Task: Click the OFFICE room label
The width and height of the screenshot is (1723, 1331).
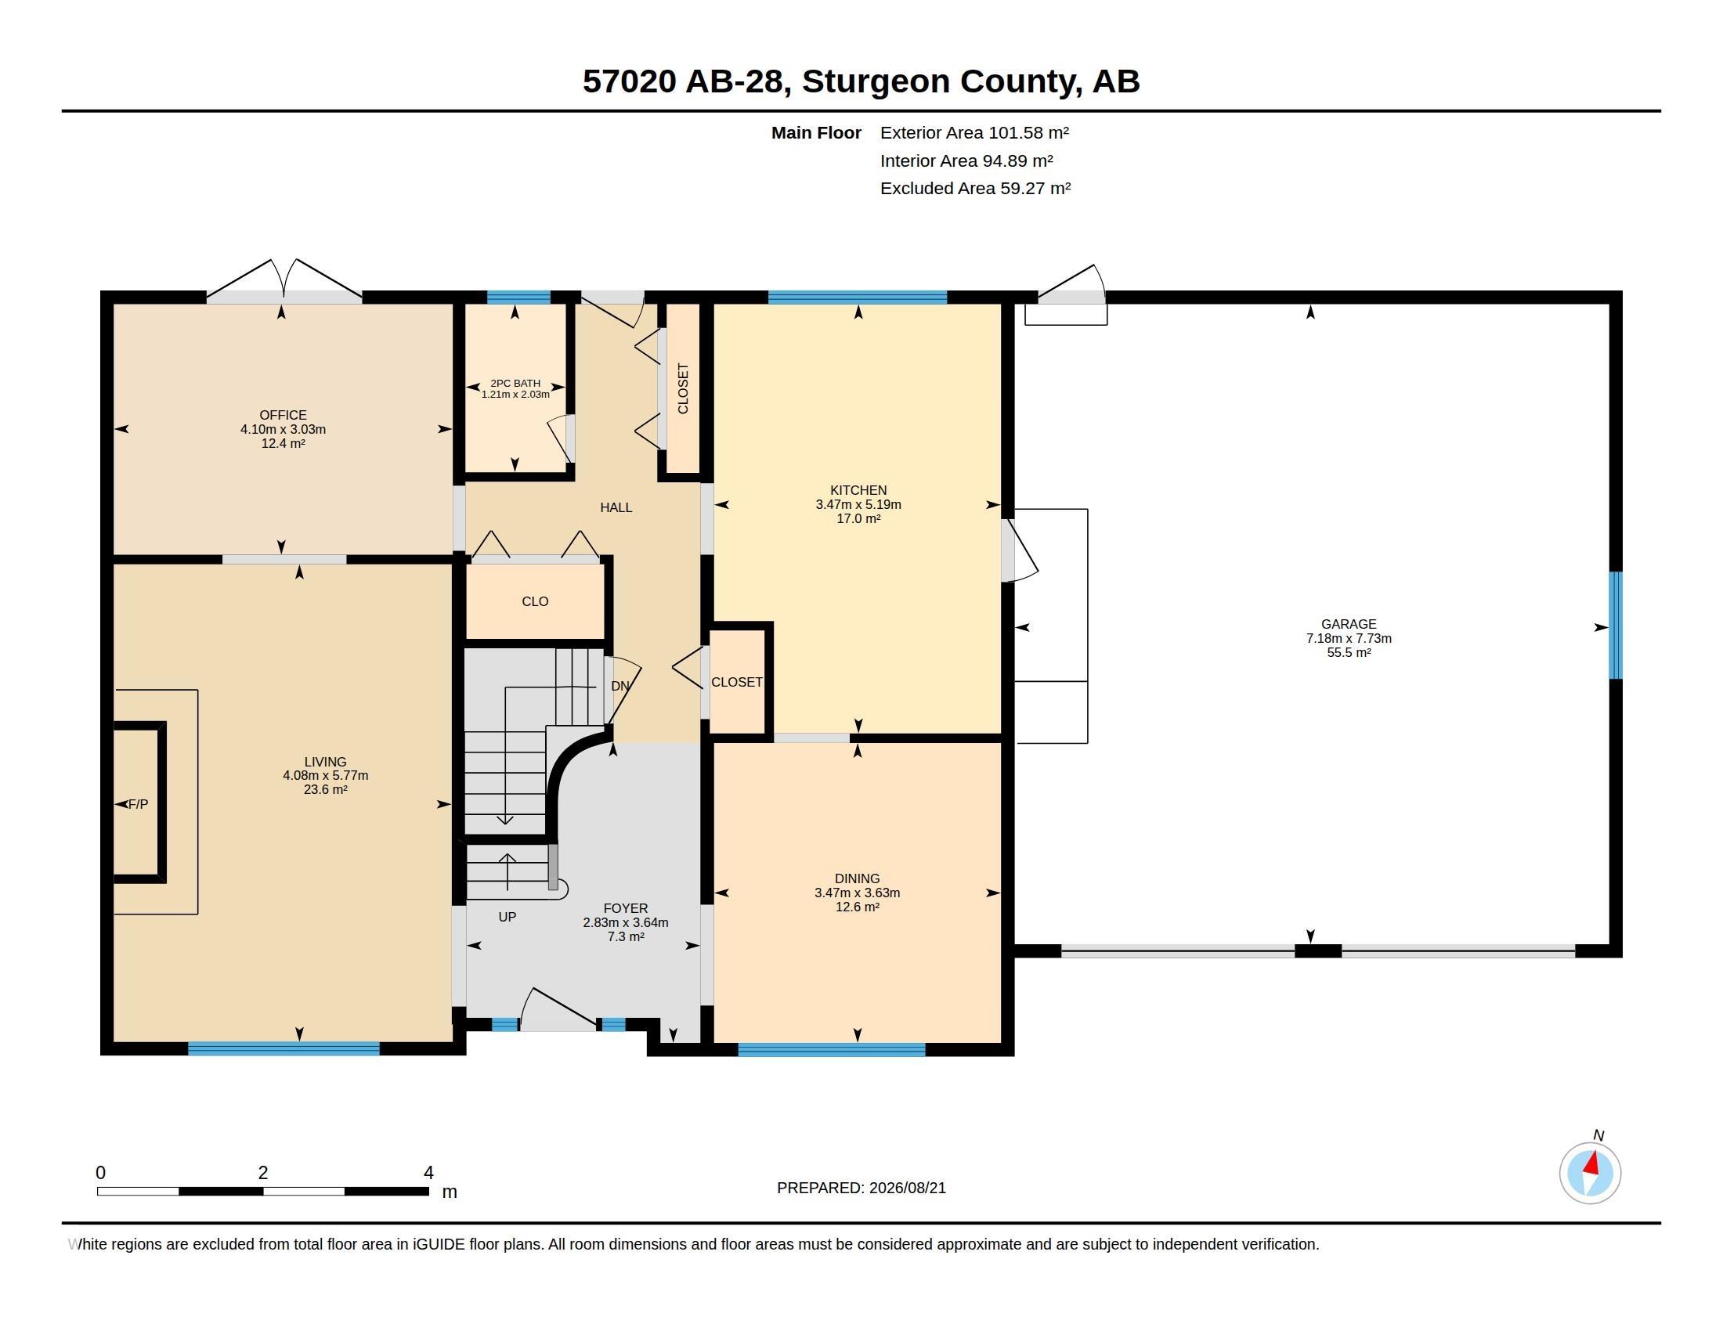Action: point(284,415)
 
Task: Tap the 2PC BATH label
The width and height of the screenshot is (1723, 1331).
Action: point(515,383)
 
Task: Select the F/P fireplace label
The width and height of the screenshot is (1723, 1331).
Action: point(138,804)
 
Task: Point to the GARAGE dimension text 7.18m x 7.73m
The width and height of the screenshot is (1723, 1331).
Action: point(1349,638)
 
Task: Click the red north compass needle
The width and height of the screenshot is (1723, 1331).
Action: point(1593,1163)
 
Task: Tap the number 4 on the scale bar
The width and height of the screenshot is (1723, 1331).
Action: point(428,1173)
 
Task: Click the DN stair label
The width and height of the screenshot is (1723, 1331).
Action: point(621,686)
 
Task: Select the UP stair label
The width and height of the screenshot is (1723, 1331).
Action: point(508,917)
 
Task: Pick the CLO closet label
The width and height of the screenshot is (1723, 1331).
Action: point(535,601)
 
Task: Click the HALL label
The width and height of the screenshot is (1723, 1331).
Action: point(616,508)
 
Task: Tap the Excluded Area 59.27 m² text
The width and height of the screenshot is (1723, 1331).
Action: point(975,189)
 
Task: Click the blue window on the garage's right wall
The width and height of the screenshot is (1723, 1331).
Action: point(1616,626)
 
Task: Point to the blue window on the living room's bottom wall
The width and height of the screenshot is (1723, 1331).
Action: point(284,1048)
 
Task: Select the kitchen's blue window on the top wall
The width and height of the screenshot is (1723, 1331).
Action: point(858,298)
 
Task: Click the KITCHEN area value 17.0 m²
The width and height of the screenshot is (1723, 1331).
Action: point(858,519)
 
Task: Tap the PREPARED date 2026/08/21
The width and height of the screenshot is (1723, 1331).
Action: point(906,1188)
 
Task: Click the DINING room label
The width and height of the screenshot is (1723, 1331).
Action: point(858,878)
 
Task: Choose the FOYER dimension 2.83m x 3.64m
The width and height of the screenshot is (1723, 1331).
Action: point(626,922)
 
